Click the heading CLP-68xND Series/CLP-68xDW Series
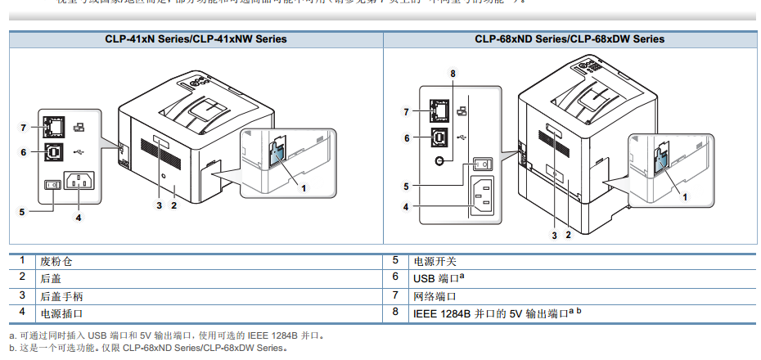click(x=570, y=38)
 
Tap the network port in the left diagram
click(x=56, y=127)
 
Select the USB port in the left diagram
click(x=56, y=151)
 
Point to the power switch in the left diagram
click(x=50, y=184)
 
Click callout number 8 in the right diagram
click(x=453, y=74)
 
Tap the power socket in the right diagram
click(x=483, y=197)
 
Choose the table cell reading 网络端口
click(x=435, y=295)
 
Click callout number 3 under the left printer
click(x=160, y=205)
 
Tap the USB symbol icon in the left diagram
click(x=79, y=151)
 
